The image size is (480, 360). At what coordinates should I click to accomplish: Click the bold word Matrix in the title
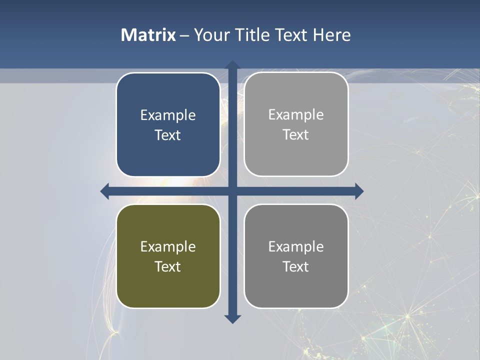(x=148, y=35)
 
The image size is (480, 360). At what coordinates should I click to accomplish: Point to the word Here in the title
(x=331, y=35)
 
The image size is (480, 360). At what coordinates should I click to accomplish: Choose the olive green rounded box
(x=168, y=285)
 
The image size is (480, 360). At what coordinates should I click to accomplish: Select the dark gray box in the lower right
(x=296, y=285)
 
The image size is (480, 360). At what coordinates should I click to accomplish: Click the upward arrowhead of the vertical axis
(x=232, y=64)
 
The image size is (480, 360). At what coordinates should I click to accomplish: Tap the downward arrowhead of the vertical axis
(x=232, y=319)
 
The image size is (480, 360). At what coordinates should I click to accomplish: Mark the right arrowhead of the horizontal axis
(x=359, y=191)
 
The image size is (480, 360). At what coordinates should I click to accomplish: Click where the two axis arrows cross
(x=232, y=191)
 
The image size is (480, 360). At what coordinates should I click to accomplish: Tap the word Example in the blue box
(x=168, y=115)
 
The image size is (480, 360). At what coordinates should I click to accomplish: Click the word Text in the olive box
(x=168, y=266)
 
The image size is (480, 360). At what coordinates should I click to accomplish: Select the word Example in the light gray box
(x=296, y=115)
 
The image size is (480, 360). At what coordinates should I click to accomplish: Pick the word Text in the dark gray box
(x=296, y=266)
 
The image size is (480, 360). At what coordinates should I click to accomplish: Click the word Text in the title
(x=291, y=35)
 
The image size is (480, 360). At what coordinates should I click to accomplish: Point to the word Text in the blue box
(x=168, y=135)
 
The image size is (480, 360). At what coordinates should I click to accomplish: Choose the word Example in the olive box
(x=168, y=247)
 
